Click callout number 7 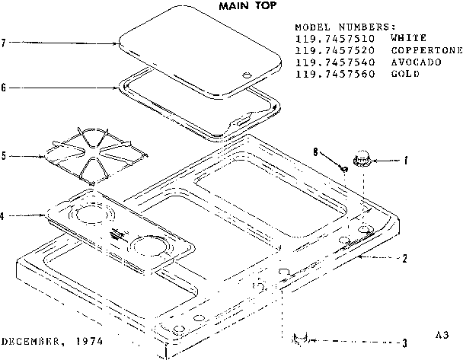(x=5, y=43)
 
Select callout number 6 (x=5, y=88)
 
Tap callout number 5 (x=5, y=157)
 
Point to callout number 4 (x=5, y=216)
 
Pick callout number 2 (x=405, y=258)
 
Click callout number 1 (x=406, y=161)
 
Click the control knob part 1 (x=360, y=160)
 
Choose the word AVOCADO (x=416, y=62)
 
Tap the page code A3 (x=442, y=335)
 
